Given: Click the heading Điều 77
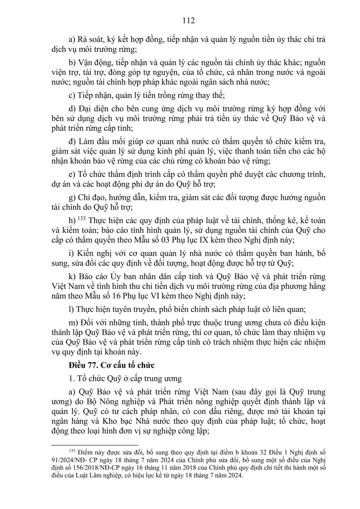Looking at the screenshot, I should pyautogui.click(x=83, y=364).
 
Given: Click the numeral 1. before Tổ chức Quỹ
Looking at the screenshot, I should pyautogui.click(x=70, y=378).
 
